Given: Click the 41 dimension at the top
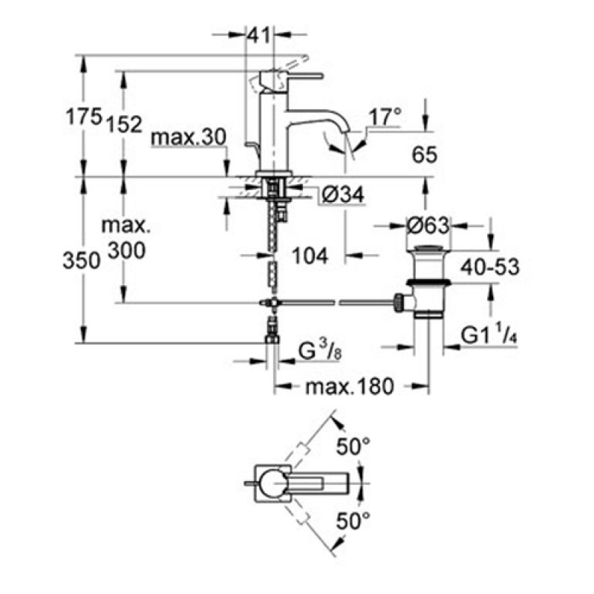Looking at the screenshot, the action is [259, 35].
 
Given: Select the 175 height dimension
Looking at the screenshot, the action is [84, 116].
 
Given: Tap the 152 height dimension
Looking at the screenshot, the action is [124, 123].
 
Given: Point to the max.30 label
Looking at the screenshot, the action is [189, 137].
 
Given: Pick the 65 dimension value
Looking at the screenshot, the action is [425, 154].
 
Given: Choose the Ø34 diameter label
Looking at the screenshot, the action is [343, 195].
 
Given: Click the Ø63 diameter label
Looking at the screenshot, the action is [428, 226].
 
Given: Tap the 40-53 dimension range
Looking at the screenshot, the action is [490, 267].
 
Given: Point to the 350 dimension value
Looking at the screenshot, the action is [82, 261].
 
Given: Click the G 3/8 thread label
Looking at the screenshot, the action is [320, 351].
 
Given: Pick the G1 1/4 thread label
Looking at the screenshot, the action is [489, 335].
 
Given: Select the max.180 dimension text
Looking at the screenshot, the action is [350, 387].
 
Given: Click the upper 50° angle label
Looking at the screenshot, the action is [353, 446].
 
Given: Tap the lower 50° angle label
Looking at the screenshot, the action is [353, 520].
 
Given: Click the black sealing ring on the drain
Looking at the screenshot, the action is [428, 282].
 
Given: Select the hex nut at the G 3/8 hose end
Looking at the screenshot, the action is [272, 338].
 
